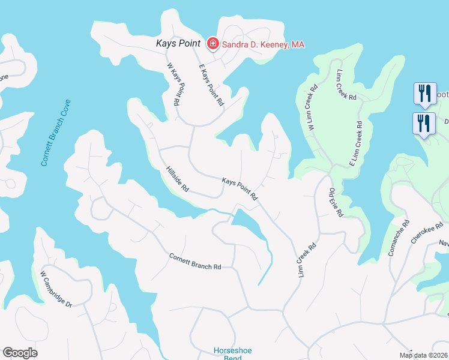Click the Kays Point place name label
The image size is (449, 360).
click(178, 43)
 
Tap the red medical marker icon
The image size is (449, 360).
click(212, 43)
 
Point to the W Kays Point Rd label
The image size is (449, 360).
click(173, 85)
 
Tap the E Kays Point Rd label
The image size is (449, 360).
click(211, 88)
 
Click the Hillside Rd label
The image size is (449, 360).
click(178, 179)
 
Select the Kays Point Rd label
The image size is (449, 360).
click(240, 188)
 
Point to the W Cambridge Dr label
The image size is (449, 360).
click(56, 289)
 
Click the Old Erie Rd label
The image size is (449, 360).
click(336, 203)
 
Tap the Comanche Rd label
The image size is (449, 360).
click(399, 238)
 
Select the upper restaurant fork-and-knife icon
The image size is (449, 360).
click(424, 93)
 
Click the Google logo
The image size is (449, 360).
click(20, 353)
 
